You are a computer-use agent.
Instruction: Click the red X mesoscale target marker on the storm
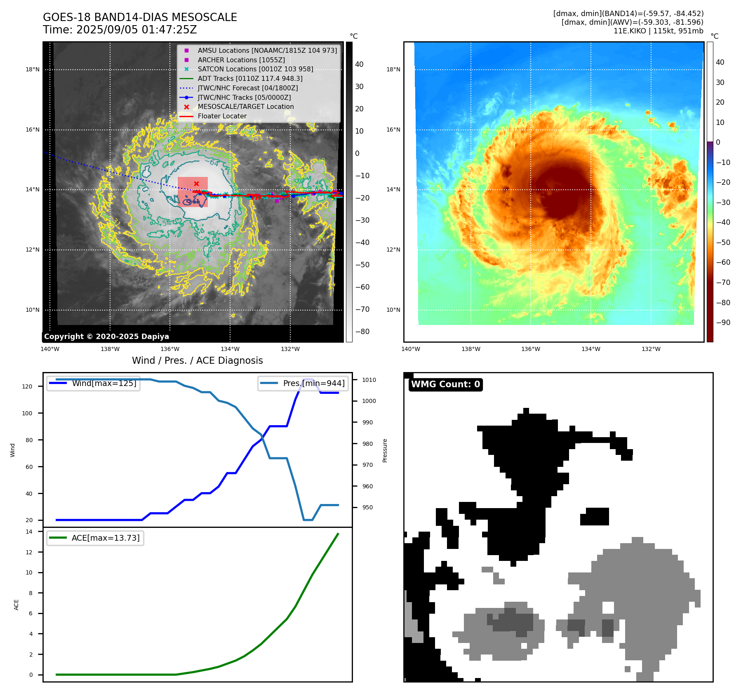tap(196, 184)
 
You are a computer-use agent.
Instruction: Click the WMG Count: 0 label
tap(445, 384)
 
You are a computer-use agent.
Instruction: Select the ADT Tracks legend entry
tap(250, 78)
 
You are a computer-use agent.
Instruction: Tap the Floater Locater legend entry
tap(222, 116)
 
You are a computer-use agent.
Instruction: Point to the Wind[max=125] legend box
tap(93, 383)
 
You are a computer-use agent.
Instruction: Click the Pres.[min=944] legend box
tap(303, 383)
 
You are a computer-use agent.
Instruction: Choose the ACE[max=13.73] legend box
tap(95, 538)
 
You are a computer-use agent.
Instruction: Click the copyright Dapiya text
tap(106, 337)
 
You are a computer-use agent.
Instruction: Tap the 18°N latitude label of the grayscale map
tap(33, 69)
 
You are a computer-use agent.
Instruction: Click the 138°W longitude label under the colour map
tap(470, 349)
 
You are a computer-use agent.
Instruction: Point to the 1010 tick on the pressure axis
tap(369, 380)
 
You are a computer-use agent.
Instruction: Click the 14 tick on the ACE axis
tap(29, 532)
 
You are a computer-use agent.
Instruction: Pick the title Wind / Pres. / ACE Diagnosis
tap(197, 360)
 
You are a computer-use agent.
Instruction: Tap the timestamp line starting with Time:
tap(120, 30)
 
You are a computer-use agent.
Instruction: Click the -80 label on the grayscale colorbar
tap(362, 332)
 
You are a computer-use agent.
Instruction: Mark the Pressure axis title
tap(385, 450)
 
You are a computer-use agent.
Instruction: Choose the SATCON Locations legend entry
tap(255, 69)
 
